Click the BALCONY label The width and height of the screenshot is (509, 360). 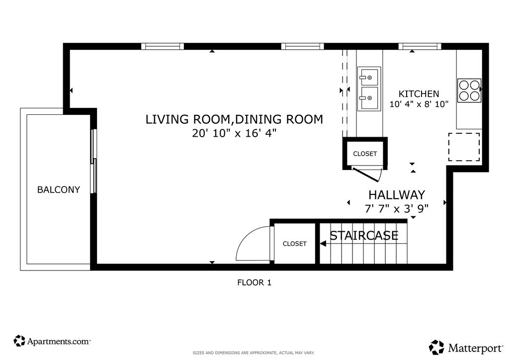pyautogui.click(x=59, y=189)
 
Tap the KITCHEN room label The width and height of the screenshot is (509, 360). pyautogui.click(x=419, y=94)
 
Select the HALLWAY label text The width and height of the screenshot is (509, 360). pyautogui.click(x=397, y=195)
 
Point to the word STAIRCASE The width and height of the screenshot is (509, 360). pyautogui.click(x=364, y=235)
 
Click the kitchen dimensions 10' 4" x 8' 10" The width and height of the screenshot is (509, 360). pyautogui.click(x=419, y=104)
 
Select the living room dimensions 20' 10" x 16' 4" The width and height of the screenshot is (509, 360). pyautogui.click(x=234, y=133)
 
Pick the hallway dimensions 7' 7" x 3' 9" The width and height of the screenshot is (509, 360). pyautogui.click(x=397, y=208)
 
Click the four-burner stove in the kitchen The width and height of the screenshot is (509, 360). pyautogui.click(x=469, y=90)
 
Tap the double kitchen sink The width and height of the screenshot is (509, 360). pyautogui.click(x=369, y=89)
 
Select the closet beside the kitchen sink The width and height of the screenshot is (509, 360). pyautogui.click(x=365, y=153)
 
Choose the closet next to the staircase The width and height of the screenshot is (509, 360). pyautogui.click(x=294, y=243)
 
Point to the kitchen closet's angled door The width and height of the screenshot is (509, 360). pyautogui.click(x=367, y=175)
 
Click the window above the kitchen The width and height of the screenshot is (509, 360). pyautogui.click(x=420, y=46)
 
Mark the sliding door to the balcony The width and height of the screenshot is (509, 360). pyautogui.click(x=93, y=161)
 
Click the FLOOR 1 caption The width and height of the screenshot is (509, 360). pyautogui.click(x=254, y=282)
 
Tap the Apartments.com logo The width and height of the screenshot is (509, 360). pyautogui.click(x=52, y=341)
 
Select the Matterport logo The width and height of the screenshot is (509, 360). pyautogui.click(x=466, y=348)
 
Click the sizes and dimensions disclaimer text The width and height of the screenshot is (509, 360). pyautogui.click(x=254, y=353)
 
